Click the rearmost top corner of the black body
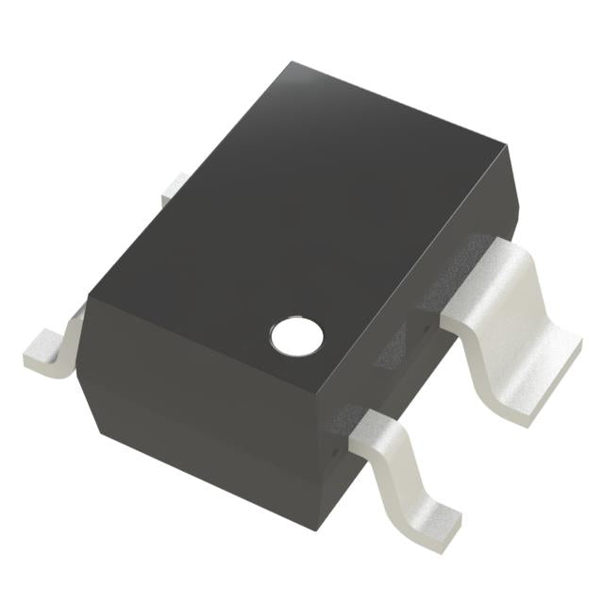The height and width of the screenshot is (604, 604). (292, 64)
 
